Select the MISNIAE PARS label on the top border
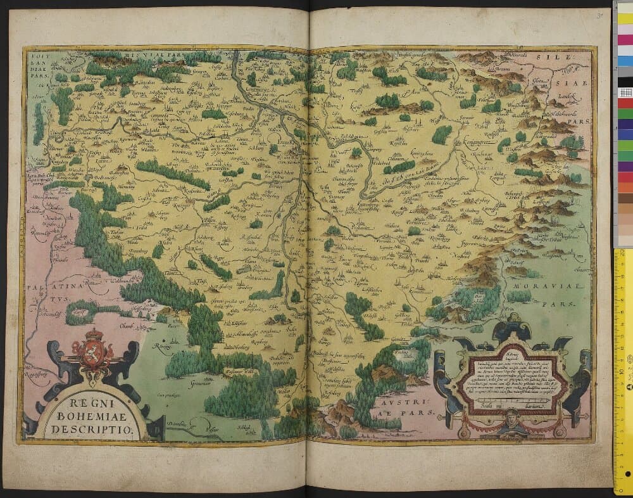(149, 56)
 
